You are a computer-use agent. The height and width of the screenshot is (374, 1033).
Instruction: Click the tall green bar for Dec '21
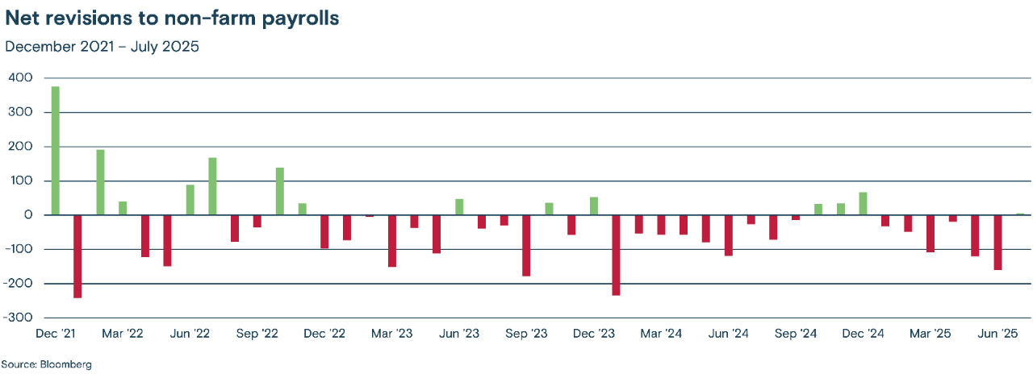(x=56, y=151)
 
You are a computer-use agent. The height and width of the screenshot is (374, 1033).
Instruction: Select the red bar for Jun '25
(x=998, y=242)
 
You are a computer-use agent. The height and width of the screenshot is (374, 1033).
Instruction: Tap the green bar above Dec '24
(x=863, y=204)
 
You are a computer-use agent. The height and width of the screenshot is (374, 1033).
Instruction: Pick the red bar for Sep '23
(x=526, y=245)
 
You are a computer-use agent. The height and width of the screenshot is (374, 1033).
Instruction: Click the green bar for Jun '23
(x=459, y=207)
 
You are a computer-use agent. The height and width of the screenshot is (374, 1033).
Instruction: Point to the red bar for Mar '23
(x=392, y=240)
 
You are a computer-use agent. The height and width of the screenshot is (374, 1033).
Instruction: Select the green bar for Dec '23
(x=594, y=206)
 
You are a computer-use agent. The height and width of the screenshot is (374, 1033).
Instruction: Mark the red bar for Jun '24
(x=729, y=235)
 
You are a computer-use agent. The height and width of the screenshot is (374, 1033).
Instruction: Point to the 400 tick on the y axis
(x=21, y=78)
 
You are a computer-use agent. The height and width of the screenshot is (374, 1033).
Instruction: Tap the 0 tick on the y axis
(x=28, y=215)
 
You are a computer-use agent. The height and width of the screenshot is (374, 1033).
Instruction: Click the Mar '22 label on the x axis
(x=123, y=334)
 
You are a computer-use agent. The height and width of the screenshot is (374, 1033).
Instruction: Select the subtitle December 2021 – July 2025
(x=102, y=46)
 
